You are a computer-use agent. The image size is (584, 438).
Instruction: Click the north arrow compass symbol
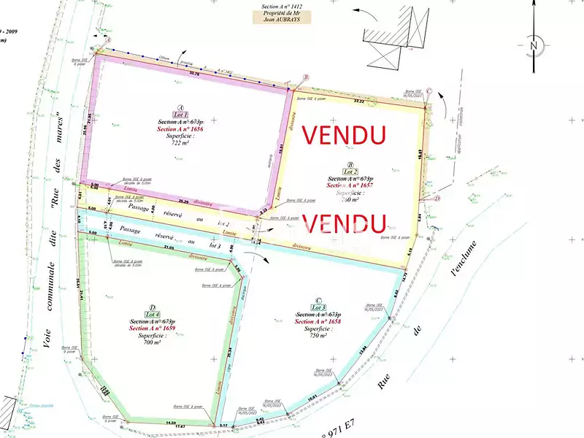tap(534, 45)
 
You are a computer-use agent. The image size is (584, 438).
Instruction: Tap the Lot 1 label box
tap(181, 115)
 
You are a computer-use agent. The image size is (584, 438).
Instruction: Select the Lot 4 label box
tap(152, 314)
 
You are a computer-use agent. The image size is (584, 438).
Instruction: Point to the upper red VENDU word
tap(344, 135)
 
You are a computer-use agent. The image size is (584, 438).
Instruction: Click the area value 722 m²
tap(180, 143)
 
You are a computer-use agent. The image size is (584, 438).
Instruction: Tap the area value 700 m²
tap(152, 342)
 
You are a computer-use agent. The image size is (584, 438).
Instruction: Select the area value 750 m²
tap(318, 335)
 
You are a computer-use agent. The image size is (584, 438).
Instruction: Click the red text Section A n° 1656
tap(180, 129)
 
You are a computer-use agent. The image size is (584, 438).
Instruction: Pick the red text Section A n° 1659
tap(152, 328)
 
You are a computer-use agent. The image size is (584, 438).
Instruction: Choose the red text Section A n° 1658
tap(318, 321)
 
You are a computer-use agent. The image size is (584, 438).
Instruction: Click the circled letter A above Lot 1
tap(180, 107)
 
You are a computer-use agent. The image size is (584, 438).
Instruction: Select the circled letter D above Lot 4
tap(152, 307)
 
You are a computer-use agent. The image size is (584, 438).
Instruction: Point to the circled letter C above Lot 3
tap(318, 299)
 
